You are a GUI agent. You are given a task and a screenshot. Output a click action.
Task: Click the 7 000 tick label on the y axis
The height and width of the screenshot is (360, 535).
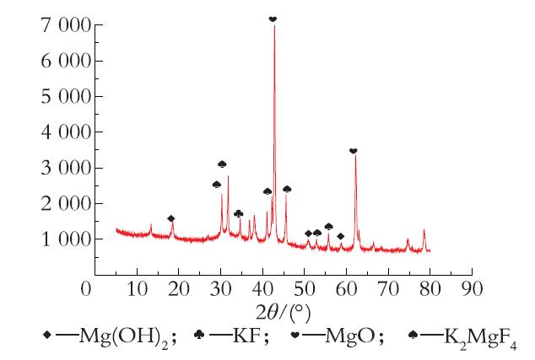[x=66, y=26]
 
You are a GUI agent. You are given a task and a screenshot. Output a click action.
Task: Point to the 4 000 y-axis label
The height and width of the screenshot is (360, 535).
[x=66, y=132]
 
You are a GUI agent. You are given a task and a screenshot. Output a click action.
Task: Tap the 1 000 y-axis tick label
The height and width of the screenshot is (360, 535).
[x=66, y=239]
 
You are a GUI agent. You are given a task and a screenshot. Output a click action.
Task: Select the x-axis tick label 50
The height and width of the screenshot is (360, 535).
[x=305, y=288]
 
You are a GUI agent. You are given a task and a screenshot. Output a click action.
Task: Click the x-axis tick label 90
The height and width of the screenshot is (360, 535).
[x=473, y=288]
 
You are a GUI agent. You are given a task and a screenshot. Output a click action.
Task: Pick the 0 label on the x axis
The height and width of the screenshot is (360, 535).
[x=86, y=288]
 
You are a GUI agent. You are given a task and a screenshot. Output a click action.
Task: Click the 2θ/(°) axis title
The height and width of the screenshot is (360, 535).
[x=284, y=312]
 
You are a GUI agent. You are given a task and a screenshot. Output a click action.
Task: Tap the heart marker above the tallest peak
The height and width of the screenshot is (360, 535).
[x=273, y=19]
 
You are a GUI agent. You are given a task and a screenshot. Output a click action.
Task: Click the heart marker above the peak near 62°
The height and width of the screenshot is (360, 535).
[x=353, y=151]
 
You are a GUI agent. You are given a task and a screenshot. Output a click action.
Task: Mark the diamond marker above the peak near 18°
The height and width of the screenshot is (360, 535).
[x=171, y=218]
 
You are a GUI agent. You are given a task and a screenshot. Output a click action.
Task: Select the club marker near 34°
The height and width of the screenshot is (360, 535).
[x=239, y=214]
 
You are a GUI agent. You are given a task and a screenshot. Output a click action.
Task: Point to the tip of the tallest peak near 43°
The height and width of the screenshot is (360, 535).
[x=274, y=26]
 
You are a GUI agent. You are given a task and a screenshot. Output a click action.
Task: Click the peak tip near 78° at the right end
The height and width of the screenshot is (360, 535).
[x=424, y=230]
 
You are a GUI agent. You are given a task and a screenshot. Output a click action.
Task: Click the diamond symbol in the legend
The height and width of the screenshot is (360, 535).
[x=47, y=335]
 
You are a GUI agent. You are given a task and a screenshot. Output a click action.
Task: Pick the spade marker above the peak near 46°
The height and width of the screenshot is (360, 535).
[x=287, y=189]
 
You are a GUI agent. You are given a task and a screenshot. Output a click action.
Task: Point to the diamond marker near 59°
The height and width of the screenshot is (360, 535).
[x=341, y=236]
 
